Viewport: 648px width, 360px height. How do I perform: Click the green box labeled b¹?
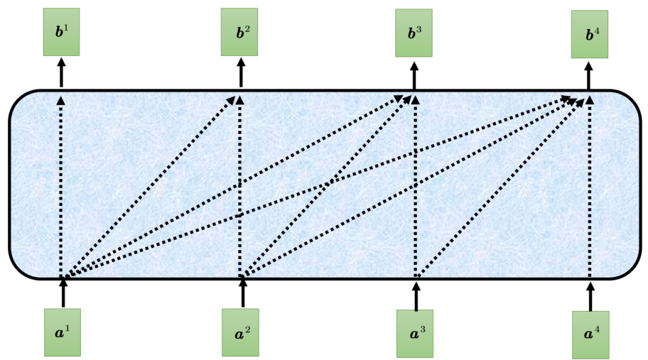coord(61,32)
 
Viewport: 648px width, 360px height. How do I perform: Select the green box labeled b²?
coord(239,32)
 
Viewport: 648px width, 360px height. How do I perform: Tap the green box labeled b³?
coord(414,33)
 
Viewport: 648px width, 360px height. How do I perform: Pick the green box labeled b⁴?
coord(590,34)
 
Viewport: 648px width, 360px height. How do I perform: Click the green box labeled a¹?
coord(63,332)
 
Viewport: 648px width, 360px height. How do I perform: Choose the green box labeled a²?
coord(241,332)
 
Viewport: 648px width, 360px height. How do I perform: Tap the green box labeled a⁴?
coord(590,334)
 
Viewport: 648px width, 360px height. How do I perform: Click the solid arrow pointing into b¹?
coord(61,72)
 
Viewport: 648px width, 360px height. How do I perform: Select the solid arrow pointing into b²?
coord(239,72)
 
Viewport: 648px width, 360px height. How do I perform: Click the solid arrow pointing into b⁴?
coord(589,75)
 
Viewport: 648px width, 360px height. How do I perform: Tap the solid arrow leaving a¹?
coord(63,293)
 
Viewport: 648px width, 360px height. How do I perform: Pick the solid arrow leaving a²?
coord(242,293)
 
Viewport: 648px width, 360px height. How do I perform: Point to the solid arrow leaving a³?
coord(416,294)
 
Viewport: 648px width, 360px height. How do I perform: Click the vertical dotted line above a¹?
coord(61,185)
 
